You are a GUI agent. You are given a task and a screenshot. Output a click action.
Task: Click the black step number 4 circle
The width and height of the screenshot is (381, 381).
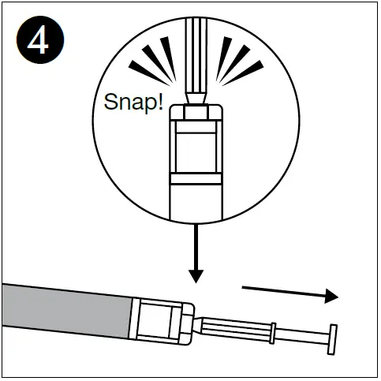(37, 40)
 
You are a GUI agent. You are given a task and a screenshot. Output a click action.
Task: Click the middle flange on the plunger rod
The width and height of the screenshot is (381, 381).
(273, 332)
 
